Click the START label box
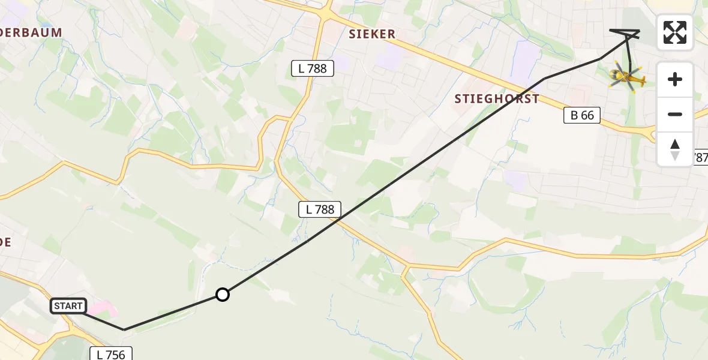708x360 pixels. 68,306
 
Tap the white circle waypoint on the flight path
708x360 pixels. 223,295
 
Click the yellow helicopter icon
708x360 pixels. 626,77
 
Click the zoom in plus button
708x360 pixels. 675,79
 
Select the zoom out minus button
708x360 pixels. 675,114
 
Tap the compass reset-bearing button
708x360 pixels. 675,149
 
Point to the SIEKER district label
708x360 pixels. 372,34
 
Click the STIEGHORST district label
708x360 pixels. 497,99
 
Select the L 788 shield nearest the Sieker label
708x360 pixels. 312,68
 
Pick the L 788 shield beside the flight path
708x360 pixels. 320,209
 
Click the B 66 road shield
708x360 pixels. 582,115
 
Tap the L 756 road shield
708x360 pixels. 111,354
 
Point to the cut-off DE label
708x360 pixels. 5,242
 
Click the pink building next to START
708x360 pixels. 103,311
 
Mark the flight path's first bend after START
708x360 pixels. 124,329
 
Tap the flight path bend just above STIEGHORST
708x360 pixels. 544,79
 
